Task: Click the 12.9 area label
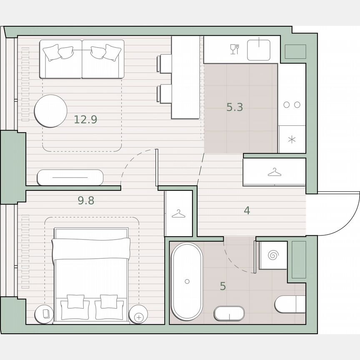coord(85,120)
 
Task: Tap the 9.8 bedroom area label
coord(86,201)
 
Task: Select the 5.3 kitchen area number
coord(235,107)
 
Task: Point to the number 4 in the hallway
coord(247,211)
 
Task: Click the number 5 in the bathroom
coord(223,287)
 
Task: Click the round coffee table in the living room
coord(50,111)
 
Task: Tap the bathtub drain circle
coord(187,282)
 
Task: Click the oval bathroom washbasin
coord(229,313)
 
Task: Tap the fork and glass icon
coord(235,49)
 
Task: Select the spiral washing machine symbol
coord(273,255)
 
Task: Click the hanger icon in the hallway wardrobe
coord(274,172)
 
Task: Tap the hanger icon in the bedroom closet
coord(178,214)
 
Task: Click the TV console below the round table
coord(70,177)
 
